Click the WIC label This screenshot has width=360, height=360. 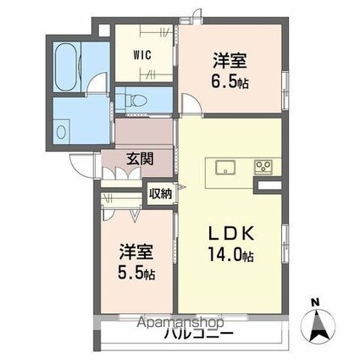142,55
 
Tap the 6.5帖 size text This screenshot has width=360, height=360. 230,81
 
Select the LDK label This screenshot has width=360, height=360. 231,233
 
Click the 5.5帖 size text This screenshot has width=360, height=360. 136,273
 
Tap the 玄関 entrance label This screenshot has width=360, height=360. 140,158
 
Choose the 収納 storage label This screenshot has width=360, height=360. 160,194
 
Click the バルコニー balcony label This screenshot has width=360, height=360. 199,335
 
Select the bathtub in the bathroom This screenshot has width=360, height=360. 68,67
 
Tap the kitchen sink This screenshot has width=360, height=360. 225,168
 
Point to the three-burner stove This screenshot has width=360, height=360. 263,167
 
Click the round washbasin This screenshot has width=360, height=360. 61,132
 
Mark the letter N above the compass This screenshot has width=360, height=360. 315,302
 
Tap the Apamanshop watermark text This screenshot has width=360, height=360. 180,322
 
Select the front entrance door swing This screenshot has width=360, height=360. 81,165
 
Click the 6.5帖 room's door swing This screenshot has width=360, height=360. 191,104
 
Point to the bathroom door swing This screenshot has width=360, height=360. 97,82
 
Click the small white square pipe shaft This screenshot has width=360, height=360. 104,30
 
